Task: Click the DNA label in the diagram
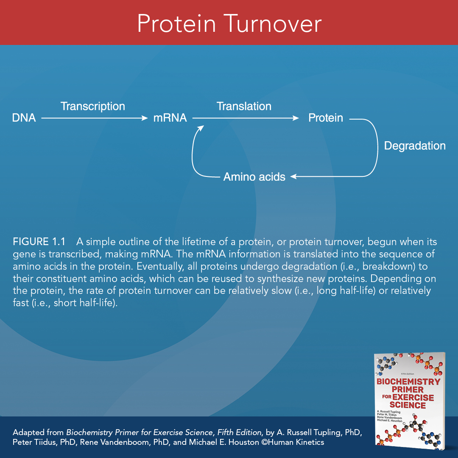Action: click(x=24, y=118)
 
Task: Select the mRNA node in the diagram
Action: click(x=170, y=118)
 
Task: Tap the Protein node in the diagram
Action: click(x=325, y=118)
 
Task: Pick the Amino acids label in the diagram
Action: click(x=254, y=177)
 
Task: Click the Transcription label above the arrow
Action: click(x=92, y=106)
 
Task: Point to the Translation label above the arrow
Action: click(x=244, y=106)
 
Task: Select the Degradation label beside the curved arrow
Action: click(x=414, y=146)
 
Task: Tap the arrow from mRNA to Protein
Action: click(x=246, y=119)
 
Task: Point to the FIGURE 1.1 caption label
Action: click(x=39, y=242)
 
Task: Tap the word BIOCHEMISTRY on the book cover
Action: click(x=408, y=382)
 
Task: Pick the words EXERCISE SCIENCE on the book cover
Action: click(x=408, y=401)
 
